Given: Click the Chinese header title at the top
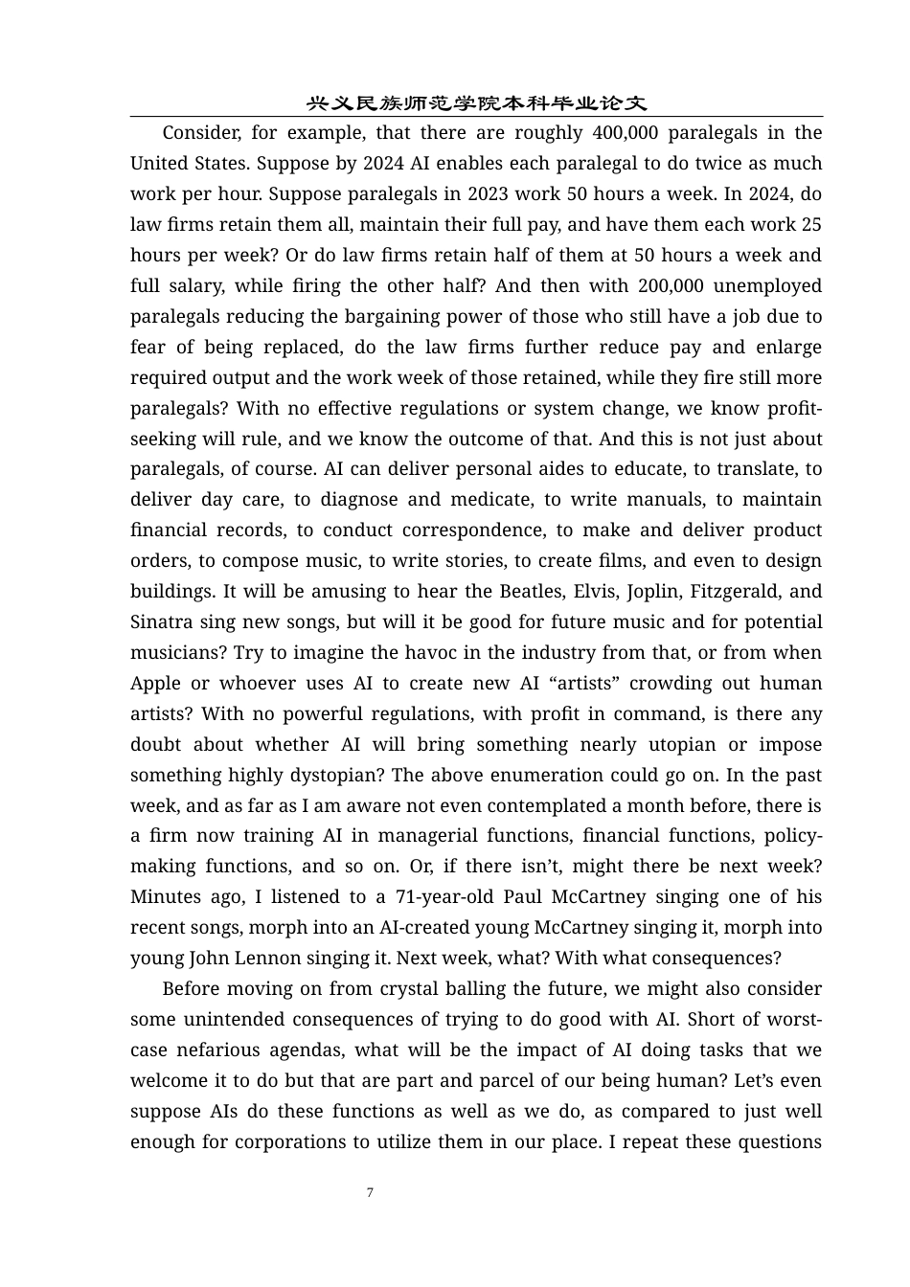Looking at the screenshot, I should point(476,102).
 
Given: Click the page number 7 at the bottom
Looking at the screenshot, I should point(370,1192).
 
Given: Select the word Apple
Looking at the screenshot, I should point(155,683).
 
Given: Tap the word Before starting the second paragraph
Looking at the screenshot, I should point(195,988).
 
